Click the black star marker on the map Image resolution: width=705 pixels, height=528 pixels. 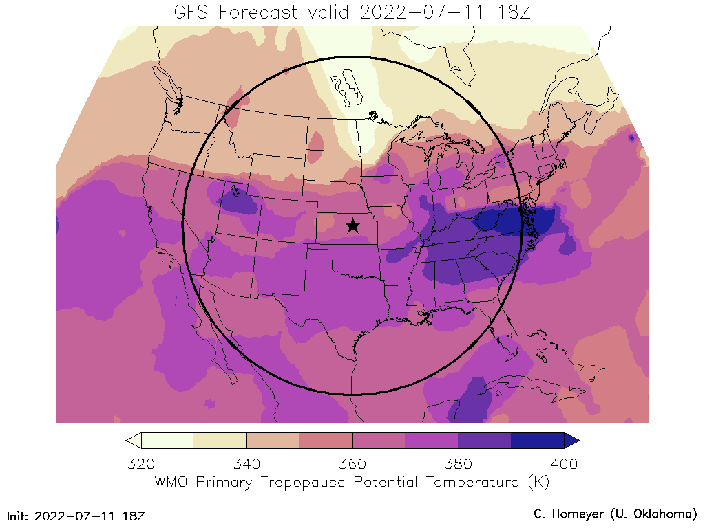(x=352, y=225)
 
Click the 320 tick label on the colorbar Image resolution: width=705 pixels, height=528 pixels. (x=141, y=463)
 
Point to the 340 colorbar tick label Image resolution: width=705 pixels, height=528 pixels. (x=246, y=463)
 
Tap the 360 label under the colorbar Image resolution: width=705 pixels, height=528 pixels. (x=352, y=463)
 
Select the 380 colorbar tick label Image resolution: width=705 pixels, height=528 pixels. (x=458, y=463)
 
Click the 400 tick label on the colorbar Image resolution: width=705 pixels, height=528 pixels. (x=564, y=463)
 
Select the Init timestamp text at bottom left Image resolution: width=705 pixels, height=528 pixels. (x=76, y=515)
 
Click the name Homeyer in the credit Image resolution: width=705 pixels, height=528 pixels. (x=578, y=514)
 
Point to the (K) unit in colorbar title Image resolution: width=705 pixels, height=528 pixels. (x=538, y=482)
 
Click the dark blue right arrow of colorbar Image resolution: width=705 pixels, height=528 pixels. (x=571, y=440)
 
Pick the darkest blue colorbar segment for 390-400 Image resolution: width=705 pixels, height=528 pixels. (x=537, y=440)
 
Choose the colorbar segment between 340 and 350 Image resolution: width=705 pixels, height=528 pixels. (x=273, y=440)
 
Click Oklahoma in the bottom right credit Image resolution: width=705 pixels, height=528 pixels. (x=661, y=514)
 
